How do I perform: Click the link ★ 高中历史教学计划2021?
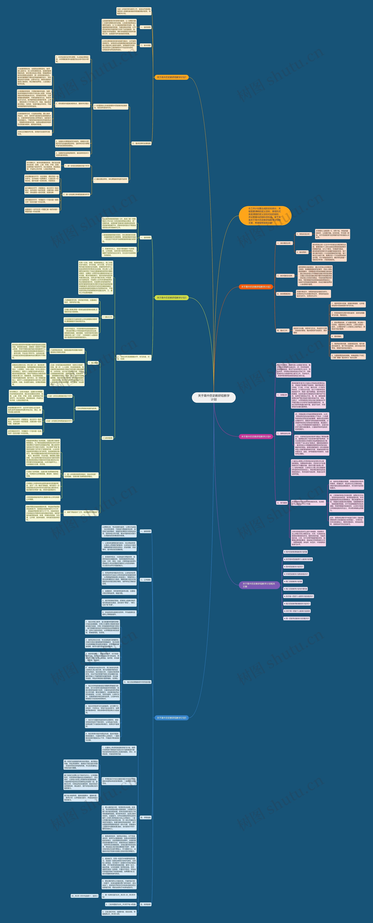[294, 566]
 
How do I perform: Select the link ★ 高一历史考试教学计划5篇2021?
[297, 618]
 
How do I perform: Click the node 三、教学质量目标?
[284, 294]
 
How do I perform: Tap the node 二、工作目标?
[145, 579]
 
